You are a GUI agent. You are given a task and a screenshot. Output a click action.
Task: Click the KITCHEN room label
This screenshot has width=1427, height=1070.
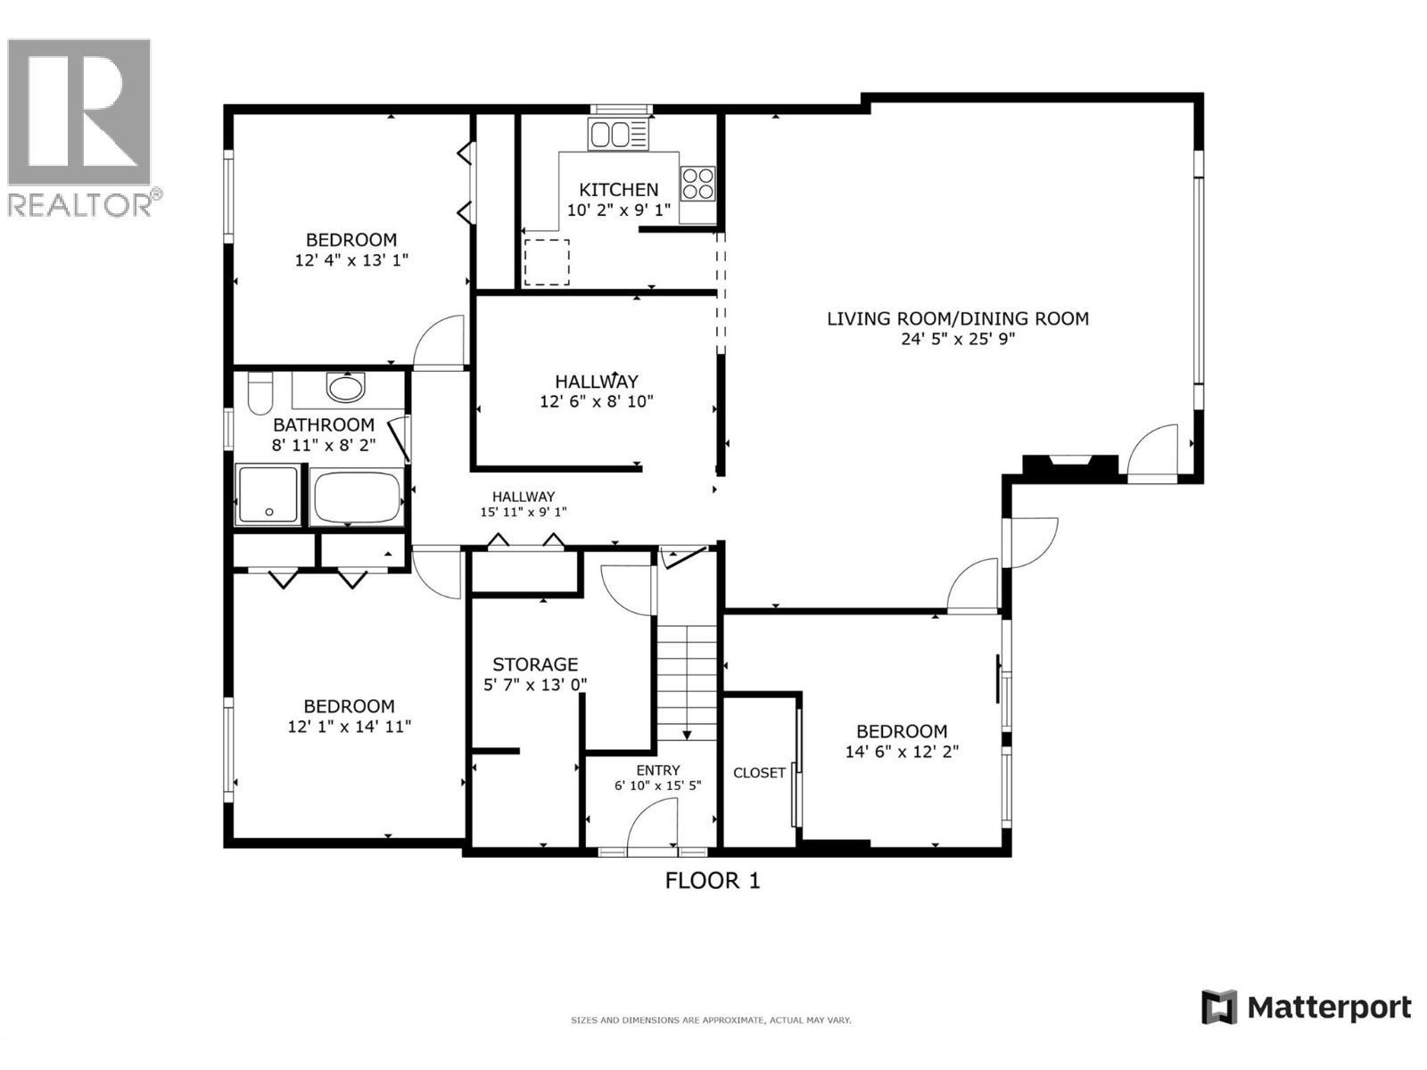click(x=618, y=189)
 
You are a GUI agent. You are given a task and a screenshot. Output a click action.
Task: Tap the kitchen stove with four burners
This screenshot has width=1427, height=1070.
click(x=697, y=184)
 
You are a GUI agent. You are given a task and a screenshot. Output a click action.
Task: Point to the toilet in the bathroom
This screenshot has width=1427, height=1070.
click(x=260, y=394)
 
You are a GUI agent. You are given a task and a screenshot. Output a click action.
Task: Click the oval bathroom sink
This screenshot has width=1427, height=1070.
click(x=345, y=388)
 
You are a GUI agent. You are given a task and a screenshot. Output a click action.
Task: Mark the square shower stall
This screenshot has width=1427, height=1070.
click(x=268, y=494)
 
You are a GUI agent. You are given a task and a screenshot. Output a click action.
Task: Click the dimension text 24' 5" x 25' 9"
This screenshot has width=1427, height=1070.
click(x=957, y=339)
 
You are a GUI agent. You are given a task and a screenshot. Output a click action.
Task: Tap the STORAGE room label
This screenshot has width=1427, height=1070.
click(x=535, y=664)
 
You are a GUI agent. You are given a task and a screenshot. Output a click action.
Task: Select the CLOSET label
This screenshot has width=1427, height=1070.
click(x=759, y=773)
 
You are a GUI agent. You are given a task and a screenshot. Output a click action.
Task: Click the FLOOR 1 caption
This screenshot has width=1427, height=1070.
click(x=713, y=881)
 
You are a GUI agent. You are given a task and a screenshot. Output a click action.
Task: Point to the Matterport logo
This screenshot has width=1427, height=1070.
click(x=1307, y=1008)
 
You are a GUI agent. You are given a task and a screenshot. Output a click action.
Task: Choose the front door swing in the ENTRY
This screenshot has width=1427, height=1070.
click(x=653, y=825)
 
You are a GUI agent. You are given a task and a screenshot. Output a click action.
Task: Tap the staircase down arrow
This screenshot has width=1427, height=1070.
click(x=688, y=733)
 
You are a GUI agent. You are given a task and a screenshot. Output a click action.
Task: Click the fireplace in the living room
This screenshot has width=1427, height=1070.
click(x=1069, y=465)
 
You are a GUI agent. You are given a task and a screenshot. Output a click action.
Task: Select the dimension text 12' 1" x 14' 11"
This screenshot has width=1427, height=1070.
click(x=349, y=727)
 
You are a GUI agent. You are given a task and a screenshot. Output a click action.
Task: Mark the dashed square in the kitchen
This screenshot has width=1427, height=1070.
click(x=546, y=262)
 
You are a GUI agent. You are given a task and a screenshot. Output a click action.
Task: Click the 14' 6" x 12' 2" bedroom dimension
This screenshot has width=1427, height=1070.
click(x=902, y=752)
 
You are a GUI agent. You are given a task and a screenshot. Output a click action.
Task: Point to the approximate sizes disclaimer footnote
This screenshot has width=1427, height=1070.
click(x=711, y=1020)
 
